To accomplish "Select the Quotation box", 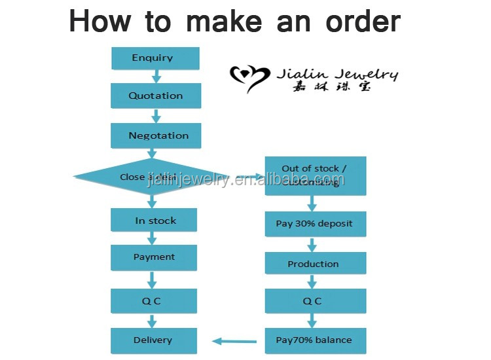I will [155, 96].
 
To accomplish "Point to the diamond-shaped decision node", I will [151, 177].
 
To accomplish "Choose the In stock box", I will [155, 221].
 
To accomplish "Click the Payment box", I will [154, 257].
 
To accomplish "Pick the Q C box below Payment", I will [154, 301].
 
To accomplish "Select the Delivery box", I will [153, 340].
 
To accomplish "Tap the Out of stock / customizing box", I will [314, 175].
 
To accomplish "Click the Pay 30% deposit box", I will [314, 224].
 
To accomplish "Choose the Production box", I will [314, 264].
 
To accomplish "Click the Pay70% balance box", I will [314, 340].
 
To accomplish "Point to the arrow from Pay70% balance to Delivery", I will [234, 340].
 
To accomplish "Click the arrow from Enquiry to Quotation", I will [156, 76].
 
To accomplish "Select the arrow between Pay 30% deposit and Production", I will [312, 244].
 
